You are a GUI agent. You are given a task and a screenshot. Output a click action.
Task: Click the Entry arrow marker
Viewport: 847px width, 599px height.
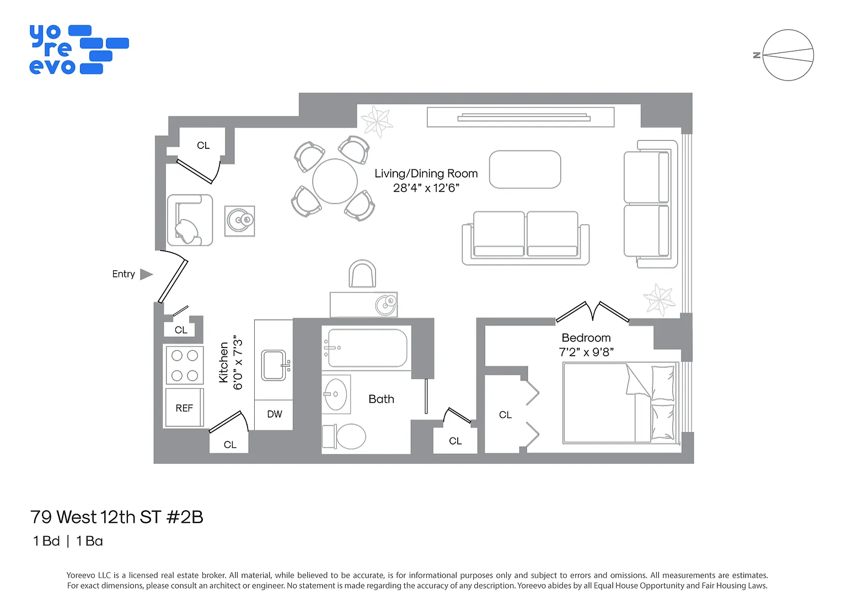pos(146,275)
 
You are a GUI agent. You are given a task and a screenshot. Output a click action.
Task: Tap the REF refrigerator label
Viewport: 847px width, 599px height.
pos(184,408)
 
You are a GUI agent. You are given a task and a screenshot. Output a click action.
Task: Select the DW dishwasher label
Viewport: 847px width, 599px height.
pos(275,414)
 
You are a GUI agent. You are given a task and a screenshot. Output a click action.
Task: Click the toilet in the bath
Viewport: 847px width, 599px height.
pos(344,437)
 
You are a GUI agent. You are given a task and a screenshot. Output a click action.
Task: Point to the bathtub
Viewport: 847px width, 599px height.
pos(367,348)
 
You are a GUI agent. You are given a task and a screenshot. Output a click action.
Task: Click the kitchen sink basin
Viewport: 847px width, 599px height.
pos(274,365)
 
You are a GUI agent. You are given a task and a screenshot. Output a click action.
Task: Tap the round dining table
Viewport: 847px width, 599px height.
pos(335,181)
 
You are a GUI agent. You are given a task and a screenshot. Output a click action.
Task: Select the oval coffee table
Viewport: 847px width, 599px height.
pos(525,169)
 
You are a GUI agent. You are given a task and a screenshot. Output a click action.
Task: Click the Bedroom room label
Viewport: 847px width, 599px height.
pos(586,338)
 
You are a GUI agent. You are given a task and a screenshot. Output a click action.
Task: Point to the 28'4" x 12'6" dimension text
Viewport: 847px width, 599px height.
pos(426,188)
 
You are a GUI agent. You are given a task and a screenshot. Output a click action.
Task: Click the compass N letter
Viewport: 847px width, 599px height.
pos(757,55)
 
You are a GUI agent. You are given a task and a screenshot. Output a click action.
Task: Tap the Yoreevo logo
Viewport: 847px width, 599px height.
pos(79,50)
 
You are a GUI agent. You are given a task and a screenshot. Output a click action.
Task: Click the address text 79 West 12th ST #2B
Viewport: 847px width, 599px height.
pos(117,517)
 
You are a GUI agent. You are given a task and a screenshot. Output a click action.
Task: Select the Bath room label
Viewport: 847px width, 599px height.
pos(381,399)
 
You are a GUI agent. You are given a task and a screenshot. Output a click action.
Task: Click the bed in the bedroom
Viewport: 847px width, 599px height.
pos(620,403)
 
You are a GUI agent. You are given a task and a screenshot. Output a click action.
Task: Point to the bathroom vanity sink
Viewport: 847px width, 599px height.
pos(336,394)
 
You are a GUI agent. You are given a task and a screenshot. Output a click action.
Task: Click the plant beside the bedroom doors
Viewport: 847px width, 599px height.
pos(660,299)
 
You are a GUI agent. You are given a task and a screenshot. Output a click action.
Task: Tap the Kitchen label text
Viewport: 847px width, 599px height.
pos(223,362)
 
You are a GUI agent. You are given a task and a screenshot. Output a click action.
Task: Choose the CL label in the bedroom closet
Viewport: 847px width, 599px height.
pos(505,415)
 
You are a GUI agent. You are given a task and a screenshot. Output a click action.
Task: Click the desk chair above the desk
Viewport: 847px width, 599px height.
pos(362,274)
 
